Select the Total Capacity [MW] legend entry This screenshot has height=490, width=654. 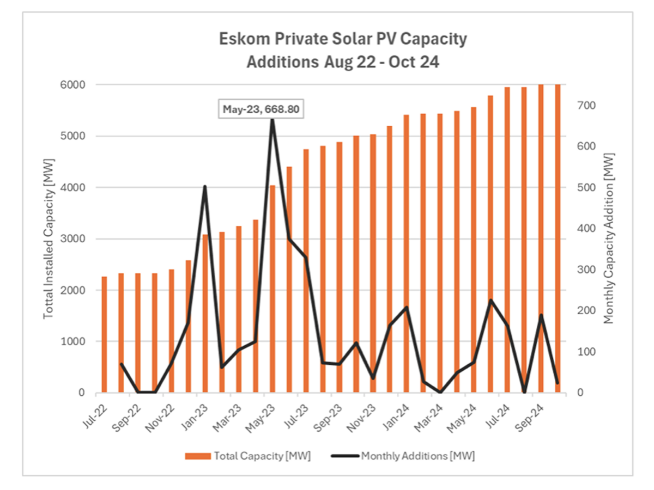(249, 456)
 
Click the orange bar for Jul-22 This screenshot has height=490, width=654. (104, 335)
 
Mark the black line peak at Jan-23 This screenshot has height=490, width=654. (205, 187)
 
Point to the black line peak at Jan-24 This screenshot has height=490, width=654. (407, 308)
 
